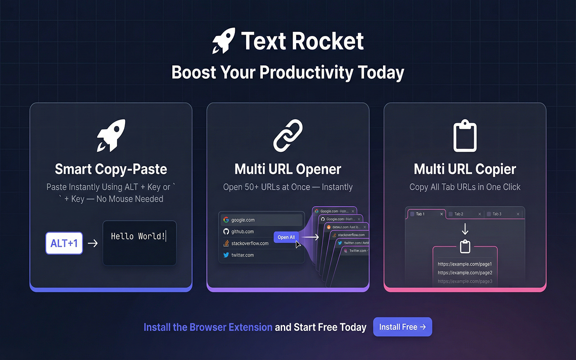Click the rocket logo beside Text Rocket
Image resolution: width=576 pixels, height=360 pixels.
(224, 41)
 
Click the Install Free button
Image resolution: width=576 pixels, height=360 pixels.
(402, 327)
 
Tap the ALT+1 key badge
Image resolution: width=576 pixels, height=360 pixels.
(64, 243)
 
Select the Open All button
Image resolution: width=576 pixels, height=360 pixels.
(286, 237)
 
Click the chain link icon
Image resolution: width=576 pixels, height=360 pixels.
(288, 135)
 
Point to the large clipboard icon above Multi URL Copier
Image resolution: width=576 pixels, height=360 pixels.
(464, 135)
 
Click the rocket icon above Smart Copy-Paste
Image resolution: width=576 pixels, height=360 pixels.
(111, 135)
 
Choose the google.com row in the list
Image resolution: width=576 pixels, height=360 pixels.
(261, 220)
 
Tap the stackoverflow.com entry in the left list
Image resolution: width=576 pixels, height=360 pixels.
(249, 243)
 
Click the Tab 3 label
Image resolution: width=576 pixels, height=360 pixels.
(497, 214)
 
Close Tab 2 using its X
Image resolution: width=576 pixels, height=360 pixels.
(480, 214)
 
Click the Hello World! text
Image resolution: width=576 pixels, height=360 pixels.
(138, 236)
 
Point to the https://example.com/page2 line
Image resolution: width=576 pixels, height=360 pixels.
(465, 273)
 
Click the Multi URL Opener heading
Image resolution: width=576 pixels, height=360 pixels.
(288, 169)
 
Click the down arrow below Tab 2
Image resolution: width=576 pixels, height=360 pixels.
(465, 229)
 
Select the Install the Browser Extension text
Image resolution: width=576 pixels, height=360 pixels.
(208, 327)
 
